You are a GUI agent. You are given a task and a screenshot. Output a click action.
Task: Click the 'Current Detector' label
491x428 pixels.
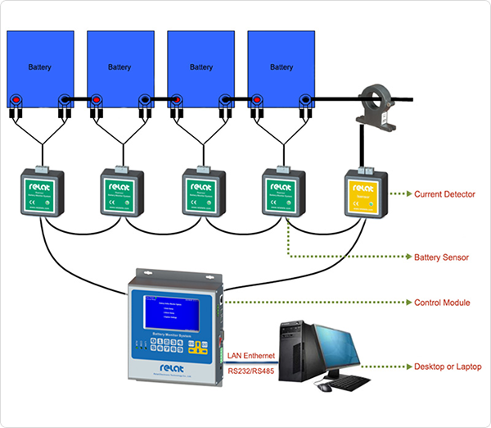point(445,194)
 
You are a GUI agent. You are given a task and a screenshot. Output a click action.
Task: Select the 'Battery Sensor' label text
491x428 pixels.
point(441,257)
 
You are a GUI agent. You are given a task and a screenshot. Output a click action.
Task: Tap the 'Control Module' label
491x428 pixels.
point(442,303)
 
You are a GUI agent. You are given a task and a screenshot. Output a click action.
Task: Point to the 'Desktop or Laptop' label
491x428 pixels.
point(448,367)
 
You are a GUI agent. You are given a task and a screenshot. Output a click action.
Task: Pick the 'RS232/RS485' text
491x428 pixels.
point(251,371)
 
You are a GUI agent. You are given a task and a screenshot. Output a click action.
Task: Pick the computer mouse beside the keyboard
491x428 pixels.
point(325,386)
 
